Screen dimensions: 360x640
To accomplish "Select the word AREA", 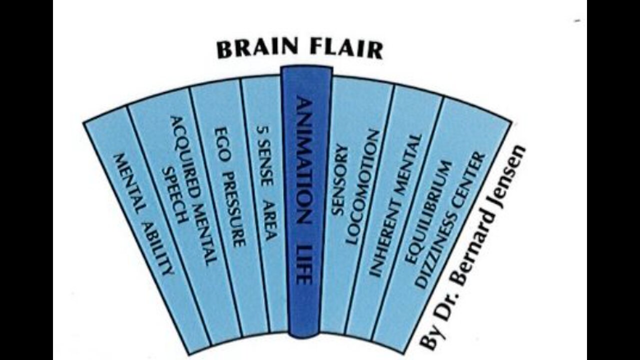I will [x=270, y=220].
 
